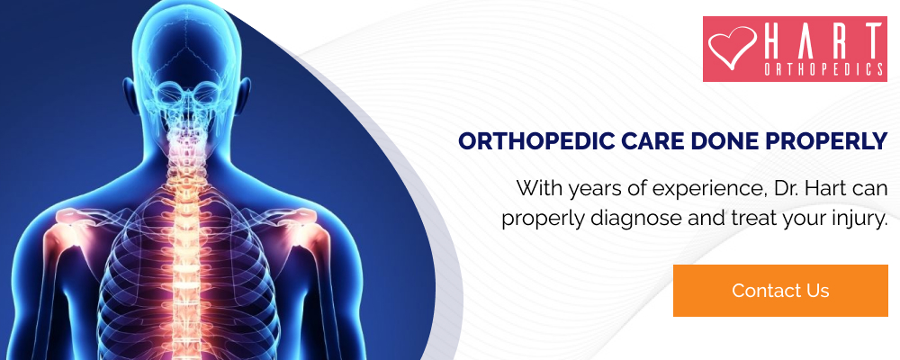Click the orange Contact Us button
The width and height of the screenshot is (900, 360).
pos(780,291)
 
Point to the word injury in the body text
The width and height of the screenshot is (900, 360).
pos(857,217)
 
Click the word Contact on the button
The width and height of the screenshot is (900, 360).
pos(761,291)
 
